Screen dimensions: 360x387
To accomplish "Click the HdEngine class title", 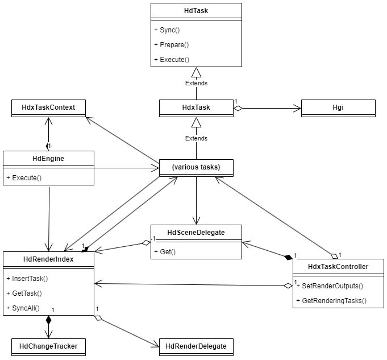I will [48, 159].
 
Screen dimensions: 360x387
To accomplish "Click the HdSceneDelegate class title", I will [196, 233].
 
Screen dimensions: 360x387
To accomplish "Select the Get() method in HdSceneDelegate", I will [165, 251].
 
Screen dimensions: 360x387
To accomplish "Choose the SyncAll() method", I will [26, 308].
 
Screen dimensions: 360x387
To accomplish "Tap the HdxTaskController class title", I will [338, 266].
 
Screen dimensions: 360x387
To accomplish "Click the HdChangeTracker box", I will [48, 346].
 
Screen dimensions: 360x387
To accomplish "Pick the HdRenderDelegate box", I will [196, 346].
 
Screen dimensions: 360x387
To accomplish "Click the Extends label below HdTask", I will [196, 83].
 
